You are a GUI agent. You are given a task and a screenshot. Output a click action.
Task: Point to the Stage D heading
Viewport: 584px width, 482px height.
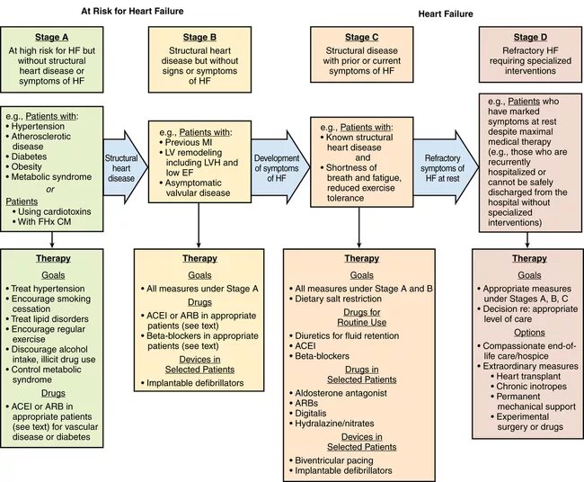527,38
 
